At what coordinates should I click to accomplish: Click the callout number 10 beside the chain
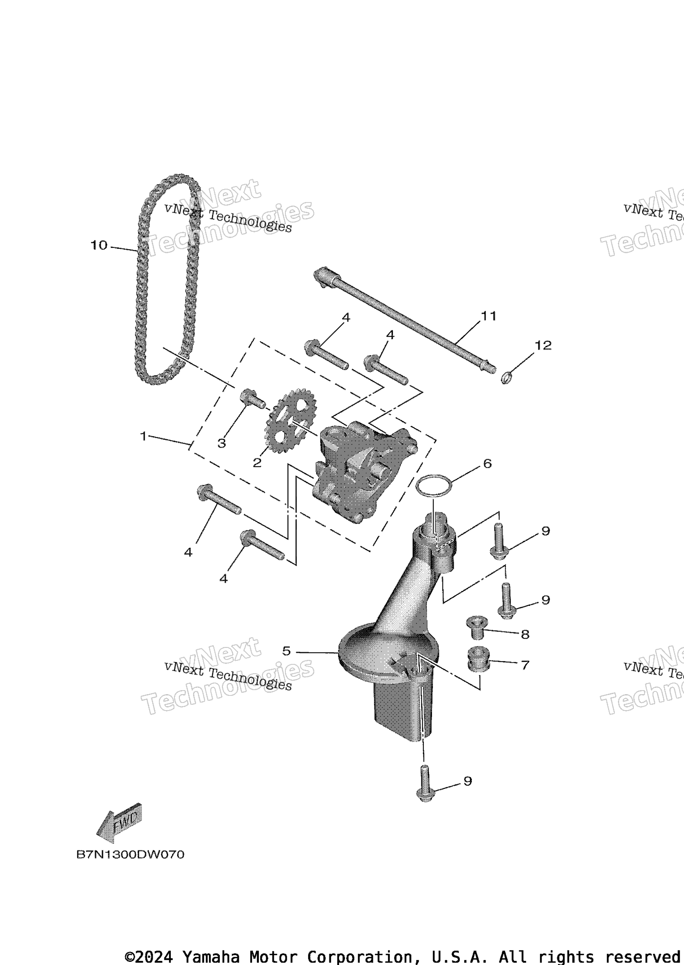tap(99, 245)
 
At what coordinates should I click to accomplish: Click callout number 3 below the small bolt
tap(221, 443)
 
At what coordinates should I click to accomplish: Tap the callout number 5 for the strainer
tap(286, 651)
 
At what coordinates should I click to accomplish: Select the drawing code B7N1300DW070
tap(130, 855)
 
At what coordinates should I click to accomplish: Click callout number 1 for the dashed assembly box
tap(143, 437)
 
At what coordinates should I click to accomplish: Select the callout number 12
tap(542, 345)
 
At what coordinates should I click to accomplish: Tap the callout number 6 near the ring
tap(487, 464)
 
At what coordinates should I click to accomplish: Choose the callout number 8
tap(525, 634)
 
